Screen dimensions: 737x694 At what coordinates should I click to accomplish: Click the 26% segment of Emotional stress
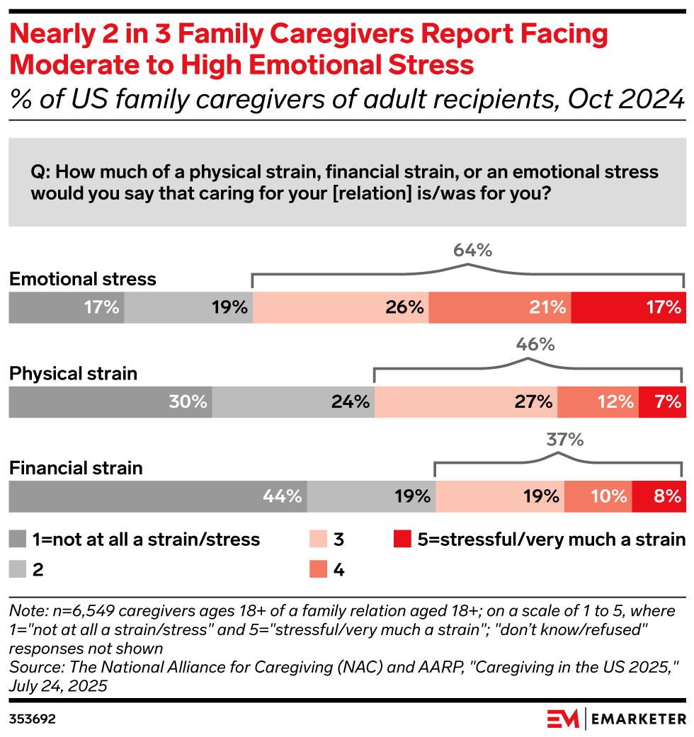point(341,307)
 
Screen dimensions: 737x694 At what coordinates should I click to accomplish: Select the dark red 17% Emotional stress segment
point(627,307)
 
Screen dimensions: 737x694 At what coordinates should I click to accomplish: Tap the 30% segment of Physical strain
point(110,401)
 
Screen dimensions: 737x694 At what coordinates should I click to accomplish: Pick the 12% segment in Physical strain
point(598,401)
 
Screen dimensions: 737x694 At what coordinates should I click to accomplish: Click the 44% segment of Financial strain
point(157,496)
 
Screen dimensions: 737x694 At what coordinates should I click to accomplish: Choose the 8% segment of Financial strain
point(659,496)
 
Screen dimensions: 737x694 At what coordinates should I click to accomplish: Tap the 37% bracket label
point(564,440)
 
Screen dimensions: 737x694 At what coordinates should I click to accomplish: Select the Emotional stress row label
point(82,279)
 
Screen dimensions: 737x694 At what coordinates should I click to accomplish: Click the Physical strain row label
point(73,373)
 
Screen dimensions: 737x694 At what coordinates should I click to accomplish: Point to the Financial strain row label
point(76,468)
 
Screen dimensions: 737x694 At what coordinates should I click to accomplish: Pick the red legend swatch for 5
point(401,539)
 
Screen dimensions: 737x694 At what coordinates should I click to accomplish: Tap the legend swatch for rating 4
point(319,569)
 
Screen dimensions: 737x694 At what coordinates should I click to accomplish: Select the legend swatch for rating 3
point(319,539)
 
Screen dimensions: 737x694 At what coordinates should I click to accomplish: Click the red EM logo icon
point(563,719)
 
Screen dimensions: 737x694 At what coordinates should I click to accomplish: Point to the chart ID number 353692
point(33,719)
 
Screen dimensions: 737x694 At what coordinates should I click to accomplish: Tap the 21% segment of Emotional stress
point(500,307)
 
